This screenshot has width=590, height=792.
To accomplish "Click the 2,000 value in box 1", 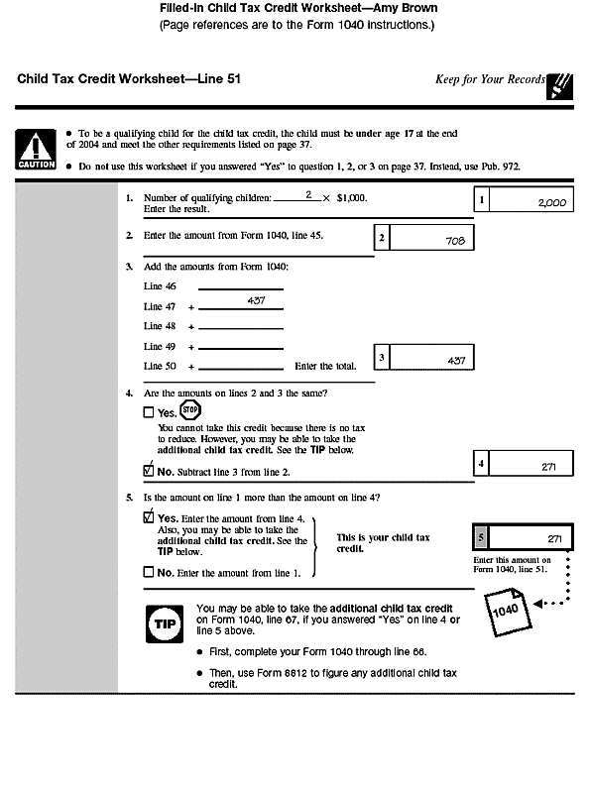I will pyautogui.click(x=550, y=202).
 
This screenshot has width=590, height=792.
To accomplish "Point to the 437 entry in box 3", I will pyautogui.click(x=456, y=361).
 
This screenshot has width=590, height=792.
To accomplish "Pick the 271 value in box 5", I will pyautogui.click(x=553, y=538).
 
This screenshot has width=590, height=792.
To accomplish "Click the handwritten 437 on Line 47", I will pyautogui.click(x=256, y=300).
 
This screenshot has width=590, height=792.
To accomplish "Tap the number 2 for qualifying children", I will pyautogui.click(x=308, y=195).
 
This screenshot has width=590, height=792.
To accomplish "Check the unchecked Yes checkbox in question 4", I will pyautogui.click(x=149, y=412).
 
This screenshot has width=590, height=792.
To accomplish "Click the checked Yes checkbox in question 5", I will pyautogui.click(x=149, y=517).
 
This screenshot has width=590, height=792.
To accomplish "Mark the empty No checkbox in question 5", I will pyautogui.click(x=149, y=572).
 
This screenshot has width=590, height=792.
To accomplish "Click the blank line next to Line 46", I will pyautogui.click(x=240, y=288).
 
